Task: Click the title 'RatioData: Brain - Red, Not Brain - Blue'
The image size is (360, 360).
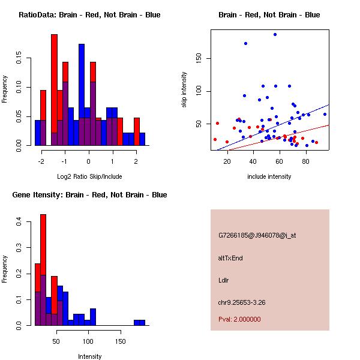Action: click(89, 14)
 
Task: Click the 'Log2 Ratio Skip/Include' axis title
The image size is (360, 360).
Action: click(89, 176)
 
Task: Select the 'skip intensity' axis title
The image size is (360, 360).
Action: click(184, 90)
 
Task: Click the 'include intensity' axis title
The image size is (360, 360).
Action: click(269, 176)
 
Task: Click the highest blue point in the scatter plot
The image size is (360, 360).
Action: click(275, 34)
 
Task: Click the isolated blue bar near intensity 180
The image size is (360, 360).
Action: click(139, 323)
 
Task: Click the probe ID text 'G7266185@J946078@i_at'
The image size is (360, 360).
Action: click(257, 235)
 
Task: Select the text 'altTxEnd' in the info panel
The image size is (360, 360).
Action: click(230, 258)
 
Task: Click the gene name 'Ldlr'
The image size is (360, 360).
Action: click(224, 280)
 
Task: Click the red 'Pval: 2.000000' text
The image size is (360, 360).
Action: click(239, 319)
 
